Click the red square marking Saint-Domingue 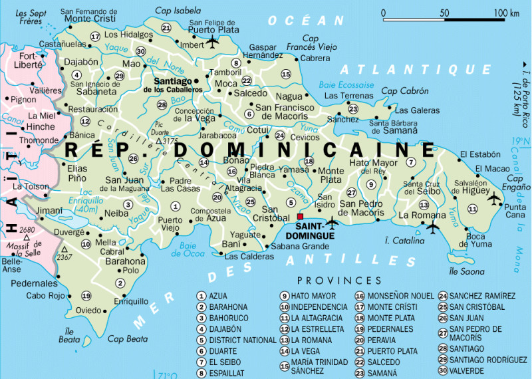pos(300,217)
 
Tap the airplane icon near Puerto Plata pos(212,42)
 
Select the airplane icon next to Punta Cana pos(493,197)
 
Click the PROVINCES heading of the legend pos(339,281)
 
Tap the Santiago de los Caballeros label pos(174,84)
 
